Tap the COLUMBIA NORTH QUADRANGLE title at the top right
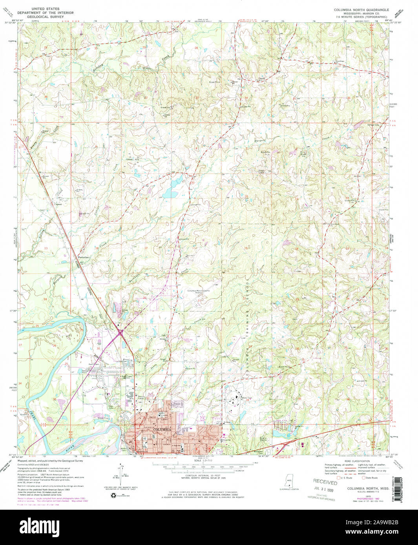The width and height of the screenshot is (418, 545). (x=361, y=10)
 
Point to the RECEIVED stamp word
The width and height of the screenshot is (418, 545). (x=325, y=482)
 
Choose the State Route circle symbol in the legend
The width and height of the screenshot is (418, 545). (x=363, y=478)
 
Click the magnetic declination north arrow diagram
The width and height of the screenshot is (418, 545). (x=120, y=472)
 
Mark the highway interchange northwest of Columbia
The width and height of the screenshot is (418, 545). (x=120, y=333)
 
